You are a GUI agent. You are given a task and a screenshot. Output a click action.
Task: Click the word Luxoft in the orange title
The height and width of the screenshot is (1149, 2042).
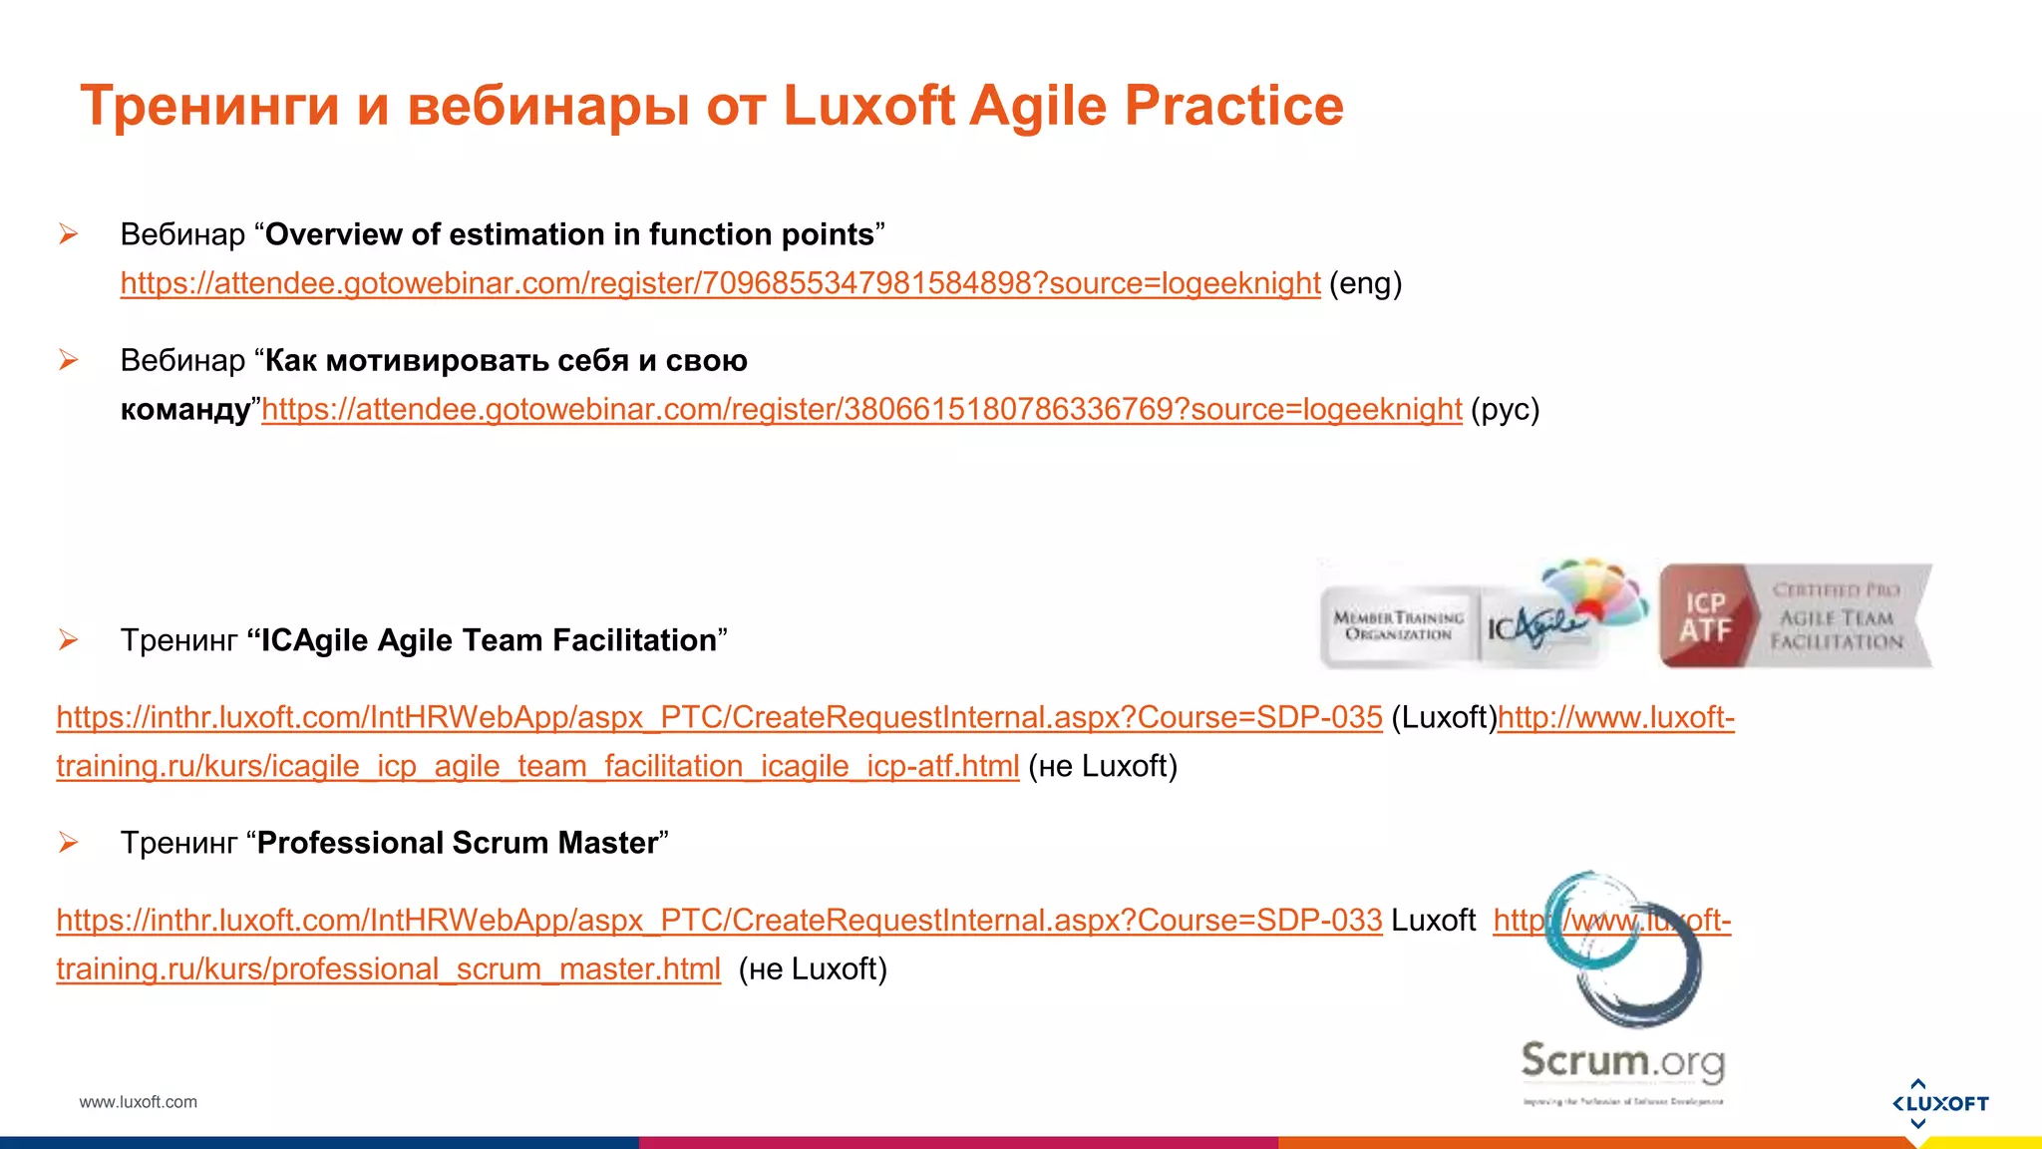point(868,106)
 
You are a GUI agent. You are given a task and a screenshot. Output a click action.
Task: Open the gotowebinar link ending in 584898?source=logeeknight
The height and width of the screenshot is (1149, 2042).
point(720,284)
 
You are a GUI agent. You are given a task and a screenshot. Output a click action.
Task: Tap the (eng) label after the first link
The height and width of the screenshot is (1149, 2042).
point(1365,284)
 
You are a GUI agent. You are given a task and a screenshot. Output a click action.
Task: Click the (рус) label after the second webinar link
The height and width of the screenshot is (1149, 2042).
point(1505,410)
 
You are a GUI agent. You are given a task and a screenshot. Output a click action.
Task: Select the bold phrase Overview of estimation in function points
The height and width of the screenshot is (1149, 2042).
point(569,234)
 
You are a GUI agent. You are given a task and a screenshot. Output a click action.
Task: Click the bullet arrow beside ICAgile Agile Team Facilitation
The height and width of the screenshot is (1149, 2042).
point(68,640)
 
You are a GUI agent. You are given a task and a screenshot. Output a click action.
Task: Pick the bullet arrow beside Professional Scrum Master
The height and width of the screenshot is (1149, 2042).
point(68,843)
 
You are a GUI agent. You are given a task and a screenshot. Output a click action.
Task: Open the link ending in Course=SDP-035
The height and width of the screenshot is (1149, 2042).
point(719,718)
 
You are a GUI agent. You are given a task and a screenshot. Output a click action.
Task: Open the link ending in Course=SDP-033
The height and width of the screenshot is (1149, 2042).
point(719,921)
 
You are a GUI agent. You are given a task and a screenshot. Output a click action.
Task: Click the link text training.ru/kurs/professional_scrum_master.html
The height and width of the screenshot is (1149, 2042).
point(388,969)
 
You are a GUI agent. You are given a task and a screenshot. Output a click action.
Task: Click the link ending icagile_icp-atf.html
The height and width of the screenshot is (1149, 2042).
point(537,767)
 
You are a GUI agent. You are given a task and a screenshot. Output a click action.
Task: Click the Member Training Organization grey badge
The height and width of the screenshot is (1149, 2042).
point(1398,625)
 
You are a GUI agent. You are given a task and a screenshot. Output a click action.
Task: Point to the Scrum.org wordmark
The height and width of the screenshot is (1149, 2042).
point(1622,1061)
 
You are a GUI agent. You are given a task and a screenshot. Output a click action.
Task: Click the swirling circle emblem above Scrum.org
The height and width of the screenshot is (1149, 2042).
point(1625,952)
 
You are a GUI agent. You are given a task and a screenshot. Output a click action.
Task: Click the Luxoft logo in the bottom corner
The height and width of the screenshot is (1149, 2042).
point(1940,1103)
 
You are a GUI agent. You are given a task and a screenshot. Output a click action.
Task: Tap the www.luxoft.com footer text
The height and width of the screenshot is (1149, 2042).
point(139,1102)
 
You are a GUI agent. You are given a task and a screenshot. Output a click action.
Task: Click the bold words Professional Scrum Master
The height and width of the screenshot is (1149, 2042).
point(458,843)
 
